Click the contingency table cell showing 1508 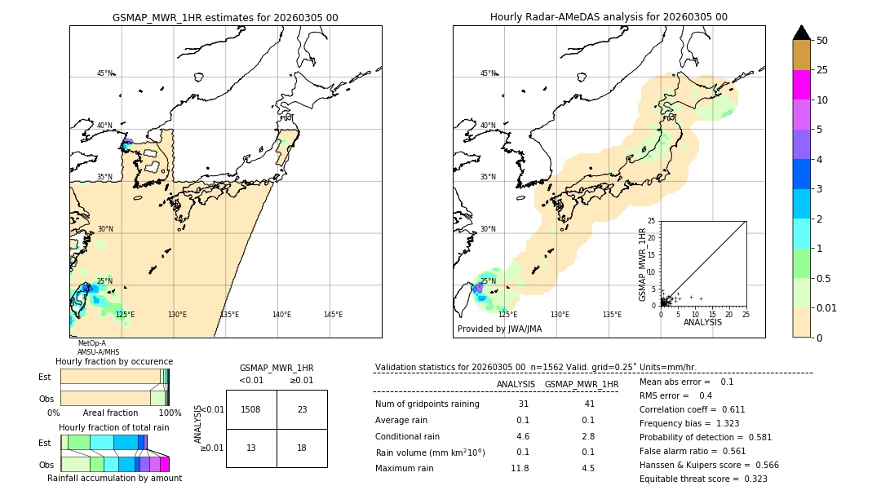(x=251, y=409)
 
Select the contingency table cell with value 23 (x=302, y=409)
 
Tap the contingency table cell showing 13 (x=251, y=448)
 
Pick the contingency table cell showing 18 (x=302, y=448)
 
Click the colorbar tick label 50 (x=823, y=41)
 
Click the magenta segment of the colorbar (x=802, y=85)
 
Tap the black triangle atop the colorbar (x=802, y=33)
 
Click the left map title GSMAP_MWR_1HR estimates (x=225, y=17)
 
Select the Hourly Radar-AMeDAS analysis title (x=609, y=17)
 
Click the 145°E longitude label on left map (x=333, y=315)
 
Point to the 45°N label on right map (x=488, y=73)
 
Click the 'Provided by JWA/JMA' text (x=499, y=329)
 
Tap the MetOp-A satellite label (x=91, y=343)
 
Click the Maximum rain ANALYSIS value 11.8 (x=520, y=468)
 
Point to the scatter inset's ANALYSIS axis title (x=702, y=322)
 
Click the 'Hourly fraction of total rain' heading (x=114, y=427)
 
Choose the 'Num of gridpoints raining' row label (x=427, y=404)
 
